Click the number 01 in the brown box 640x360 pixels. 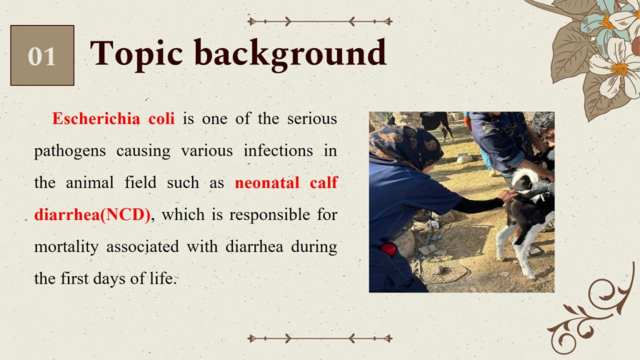coord(42,56)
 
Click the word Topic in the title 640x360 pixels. coord(136,54)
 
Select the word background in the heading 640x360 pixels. coord(290,54)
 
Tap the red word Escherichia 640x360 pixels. coord(96,118)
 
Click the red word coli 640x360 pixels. coord(161,118)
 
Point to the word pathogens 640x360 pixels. coord(70,151)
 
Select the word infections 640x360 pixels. coord(278,151)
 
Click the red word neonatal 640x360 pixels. coord(267,182)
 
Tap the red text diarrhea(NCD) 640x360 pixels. coord(92,215)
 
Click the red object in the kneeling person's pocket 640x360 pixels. coord(387,249)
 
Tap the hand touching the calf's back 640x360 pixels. coord(507,196)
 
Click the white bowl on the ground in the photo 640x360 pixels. coord(464,158)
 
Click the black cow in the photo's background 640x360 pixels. coord(436,123)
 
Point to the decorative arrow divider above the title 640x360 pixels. coord(320,21)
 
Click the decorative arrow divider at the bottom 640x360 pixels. coord(320,338)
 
